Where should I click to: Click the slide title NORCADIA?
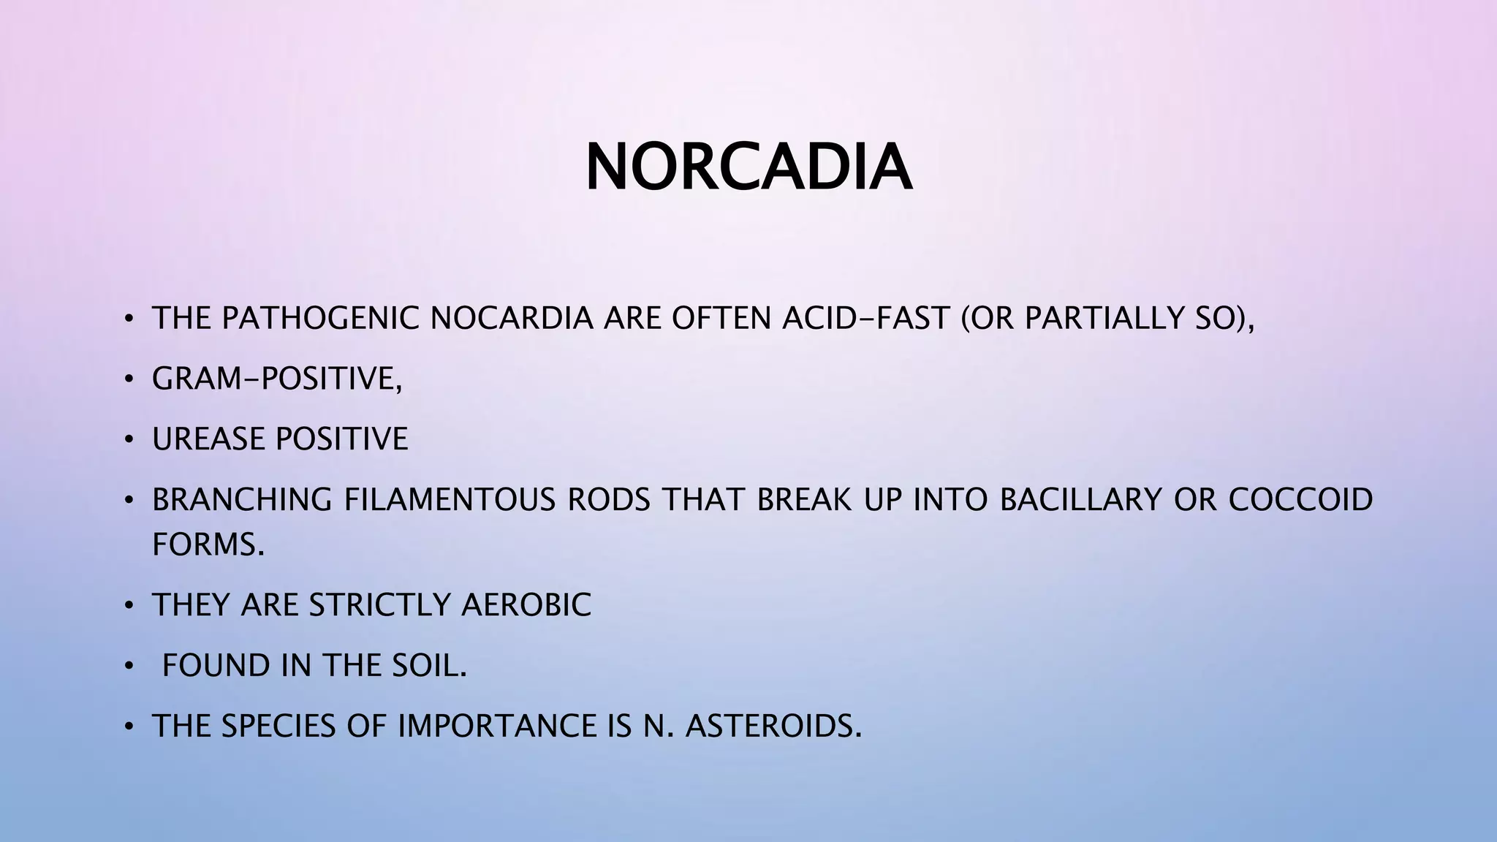(748, 167)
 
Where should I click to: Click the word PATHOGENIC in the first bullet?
(320, 318)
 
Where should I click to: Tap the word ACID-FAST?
(865, 318)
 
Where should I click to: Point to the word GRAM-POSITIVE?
(277, 379)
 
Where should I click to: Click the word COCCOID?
(1300, 500)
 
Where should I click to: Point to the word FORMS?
(208, 544)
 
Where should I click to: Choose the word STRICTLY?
(379, 604)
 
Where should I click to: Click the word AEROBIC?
(526, 604)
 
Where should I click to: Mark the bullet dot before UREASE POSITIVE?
(129, 440)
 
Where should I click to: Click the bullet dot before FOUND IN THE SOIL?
(129, 666)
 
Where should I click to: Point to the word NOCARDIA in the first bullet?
(511, 318)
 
